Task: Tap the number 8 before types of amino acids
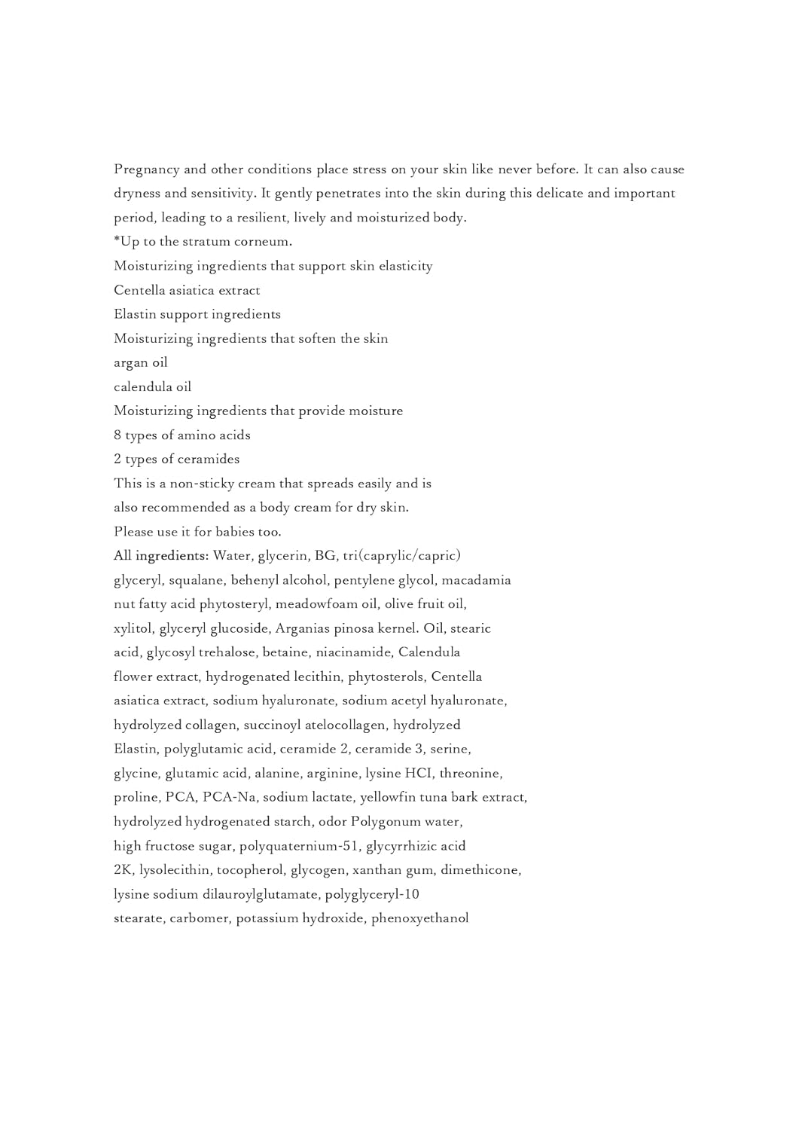[x=117, y=435]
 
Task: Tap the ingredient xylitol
[x=133, y=628]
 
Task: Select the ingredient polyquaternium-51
[x=299, y=846]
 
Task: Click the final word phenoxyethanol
[x=419, y=918]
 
